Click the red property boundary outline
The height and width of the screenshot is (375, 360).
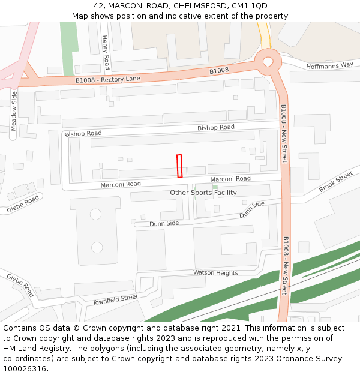click(179, 166)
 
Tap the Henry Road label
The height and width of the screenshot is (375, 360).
click(106, 52)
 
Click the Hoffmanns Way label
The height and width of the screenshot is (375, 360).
click(329, 65)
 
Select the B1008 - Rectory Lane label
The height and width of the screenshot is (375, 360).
click(107, 79)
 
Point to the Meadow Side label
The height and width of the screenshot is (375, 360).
click(14, 112)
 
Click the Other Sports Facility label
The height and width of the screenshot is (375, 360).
click(203, 193)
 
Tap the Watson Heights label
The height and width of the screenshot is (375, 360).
click(215, 273)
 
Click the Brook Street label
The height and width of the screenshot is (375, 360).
click(335, 182)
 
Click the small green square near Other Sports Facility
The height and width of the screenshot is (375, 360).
click(215, 187)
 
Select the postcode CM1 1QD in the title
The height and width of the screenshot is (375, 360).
click(251, 5)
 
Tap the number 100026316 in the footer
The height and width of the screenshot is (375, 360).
click(25, 368)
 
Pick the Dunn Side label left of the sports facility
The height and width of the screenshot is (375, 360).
click(164, 223)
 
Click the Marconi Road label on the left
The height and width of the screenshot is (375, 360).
click(121, 184)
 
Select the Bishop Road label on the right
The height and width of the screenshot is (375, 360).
click(216, 127)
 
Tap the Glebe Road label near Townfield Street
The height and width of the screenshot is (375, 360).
click(21, 285)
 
